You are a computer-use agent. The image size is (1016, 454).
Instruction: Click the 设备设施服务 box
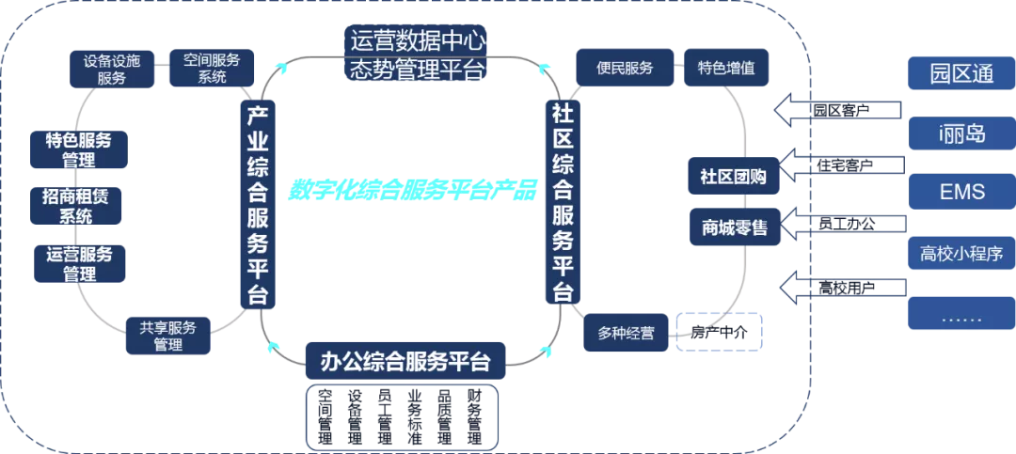(112, 70)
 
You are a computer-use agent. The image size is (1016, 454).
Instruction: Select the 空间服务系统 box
(212, 69)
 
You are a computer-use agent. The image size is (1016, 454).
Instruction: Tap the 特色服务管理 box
(79, 150)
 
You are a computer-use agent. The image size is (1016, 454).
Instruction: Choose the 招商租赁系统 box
(76, 206)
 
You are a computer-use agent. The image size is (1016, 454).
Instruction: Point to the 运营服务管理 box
(79, 263)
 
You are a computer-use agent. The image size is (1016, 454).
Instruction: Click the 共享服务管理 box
(168, 336)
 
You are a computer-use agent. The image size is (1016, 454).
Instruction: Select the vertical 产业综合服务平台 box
(257, 205)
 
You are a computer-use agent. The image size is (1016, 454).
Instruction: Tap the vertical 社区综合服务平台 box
(564, 201)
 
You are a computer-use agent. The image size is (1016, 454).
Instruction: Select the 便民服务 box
(625, 69)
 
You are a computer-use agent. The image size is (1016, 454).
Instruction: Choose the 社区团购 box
(733, 176)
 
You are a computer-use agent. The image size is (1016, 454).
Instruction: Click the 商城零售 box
(734, 227)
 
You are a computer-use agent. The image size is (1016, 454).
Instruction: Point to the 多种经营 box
(626, 333)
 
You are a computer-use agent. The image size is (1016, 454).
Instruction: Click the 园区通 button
(961, 74)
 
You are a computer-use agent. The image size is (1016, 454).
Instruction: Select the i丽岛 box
(961, 133)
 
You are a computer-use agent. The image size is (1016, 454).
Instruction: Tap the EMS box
(961, 192)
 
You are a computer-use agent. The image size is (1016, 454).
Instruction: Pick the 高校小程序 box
(961, 253)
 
